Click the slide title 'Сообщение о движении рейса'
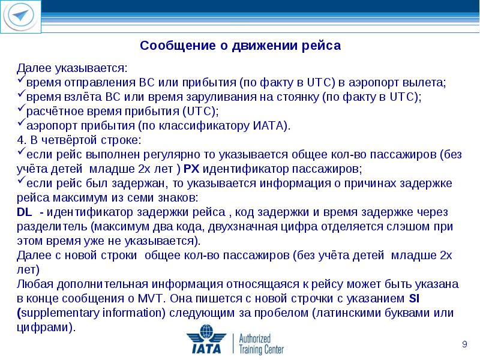(x=240, y=46)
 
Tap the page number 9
(x=464, y=343)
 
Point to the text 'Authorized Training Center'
(x=261, y=344)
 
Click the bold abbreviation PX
(x=191, y=169)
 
